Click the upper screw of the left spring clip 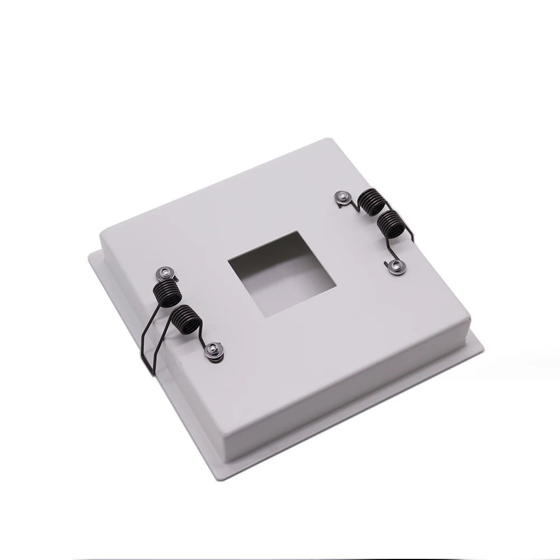(164, 273)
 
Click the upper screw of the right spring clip (342, 197)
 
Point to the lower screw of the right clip (395, 267)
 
